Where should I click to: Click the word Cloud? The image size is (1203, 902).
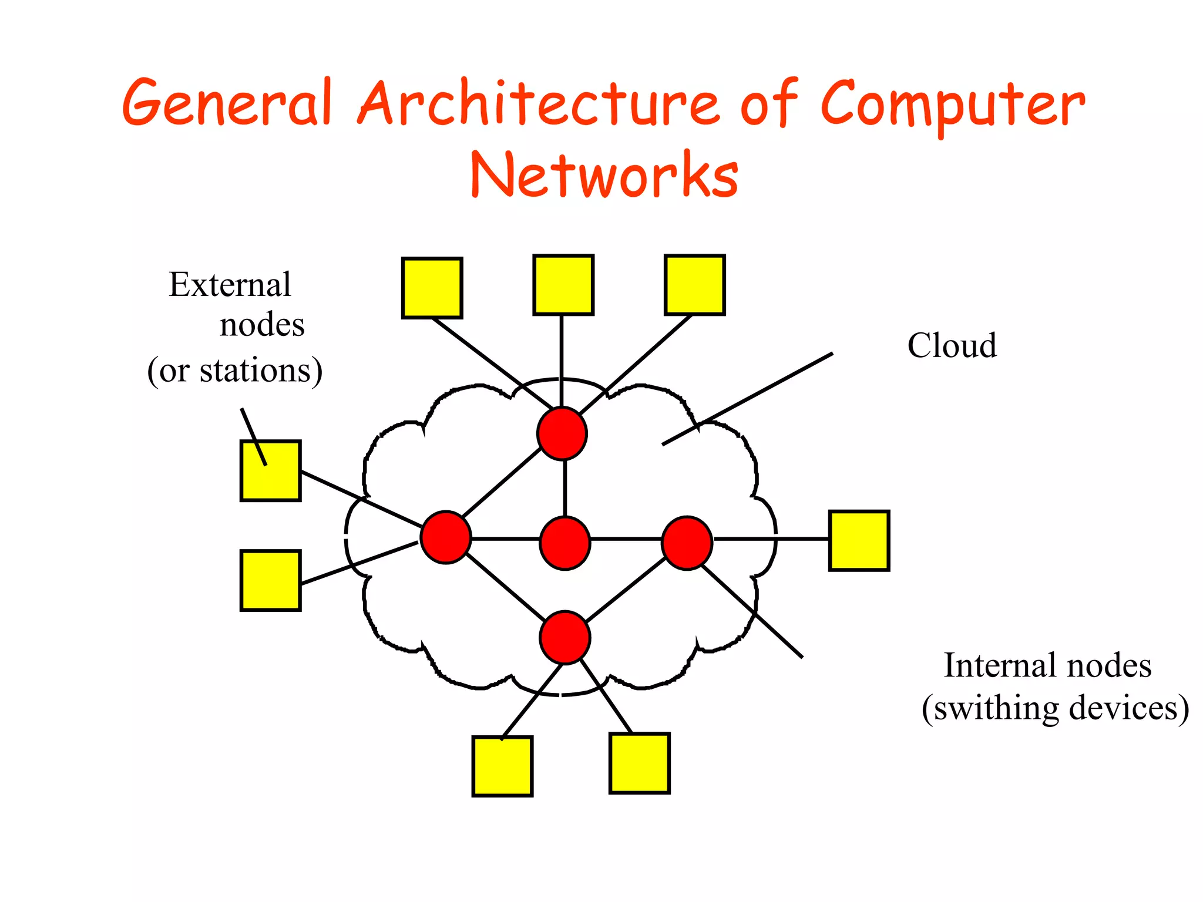click(x=952, y=345)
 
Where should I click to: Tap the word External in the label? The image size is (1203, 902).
click(x=230, y=285)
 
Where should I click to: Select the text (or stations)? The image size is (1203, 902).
click(x=234, y=371)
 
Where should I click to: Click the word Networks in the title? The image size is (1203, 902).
click(x=604, y=175)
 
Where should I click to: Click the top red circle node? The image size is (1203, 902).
click(x=562, y=433)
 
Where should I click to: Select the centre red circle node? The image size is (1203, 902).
click(x=564, y=543)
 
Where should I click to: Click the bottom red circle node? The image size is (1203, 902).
click(x=564, y=638)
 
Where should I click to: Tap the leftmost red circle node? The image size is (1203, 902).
click(x=446, y=537)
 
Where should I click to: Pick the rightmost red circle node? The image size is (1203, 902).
click(x=687, y=543)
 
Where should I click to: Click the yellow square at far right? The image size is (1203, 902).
click(x=859, y=541)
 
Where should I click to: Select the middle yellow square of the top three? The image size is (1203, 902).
click(x=563, y=285)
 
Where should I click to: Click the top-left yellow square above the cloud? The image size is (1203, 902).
click(x=432, y=288)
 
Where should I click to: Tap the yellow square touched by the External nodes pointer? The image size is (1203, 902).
click(x=271, y=471)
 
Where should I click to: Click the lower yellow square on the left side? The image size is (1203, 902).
click(x=271, y=580)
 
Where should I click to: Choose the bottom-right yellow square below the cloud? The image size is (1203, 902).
click(x=640, y=763)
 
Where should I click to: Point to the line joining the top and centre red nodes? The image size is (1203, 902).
click(x=564, y=487)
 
